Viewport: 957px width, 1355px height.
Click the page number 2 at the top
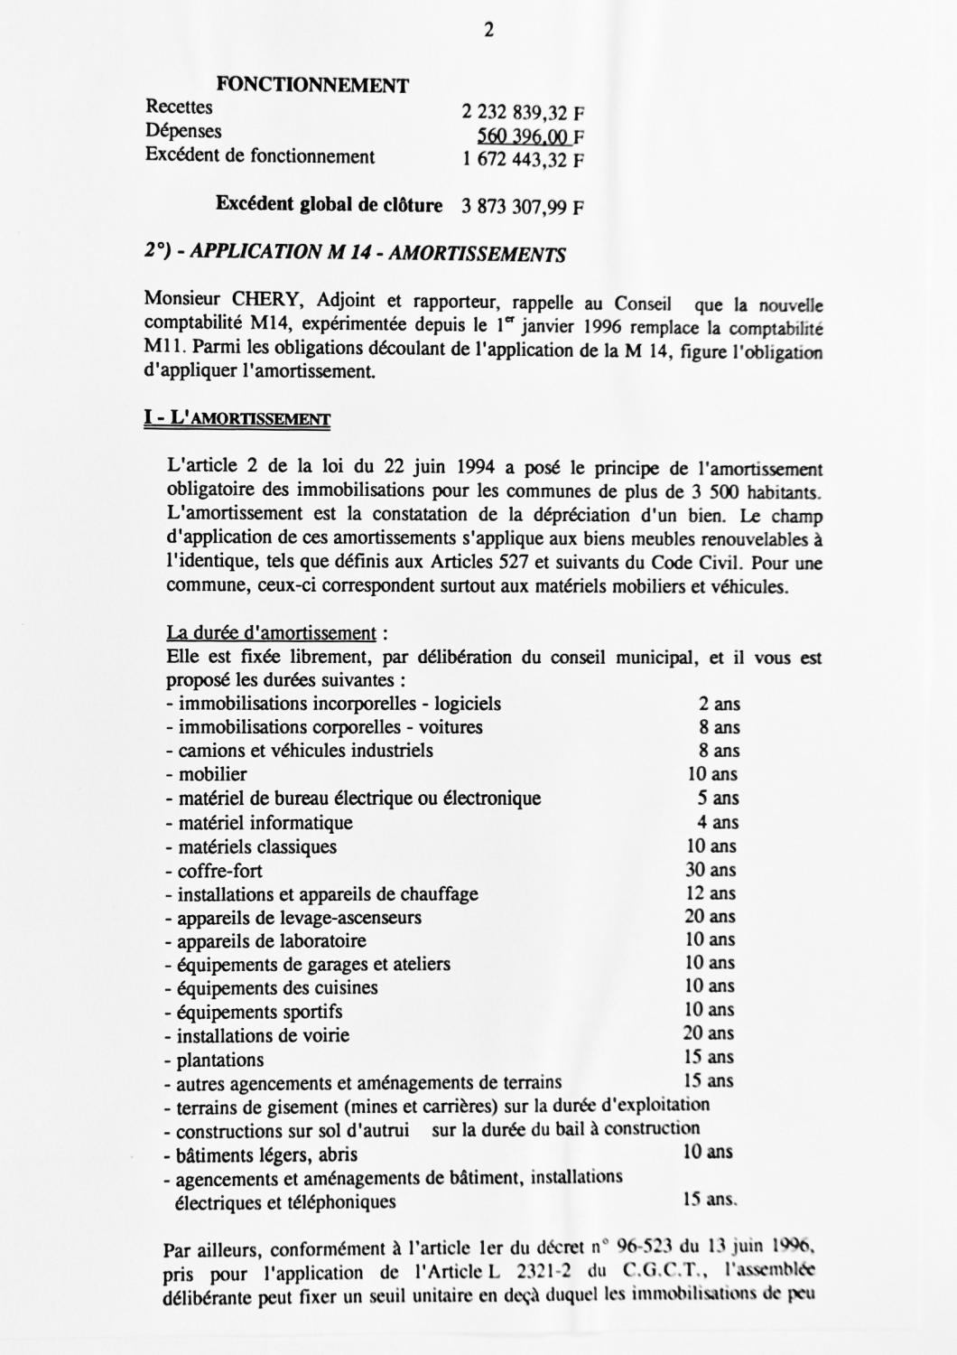click(488, 30)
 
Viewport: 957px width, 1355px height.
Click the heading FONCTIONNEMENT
click(313, 86)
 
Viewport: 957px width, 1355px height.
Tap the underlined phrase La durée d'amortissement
click(271, 633)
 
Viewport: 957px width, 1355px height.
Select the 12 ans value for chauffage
click(711, 893)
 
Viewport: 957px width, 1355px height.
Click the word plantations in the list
click(220, 1060)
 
